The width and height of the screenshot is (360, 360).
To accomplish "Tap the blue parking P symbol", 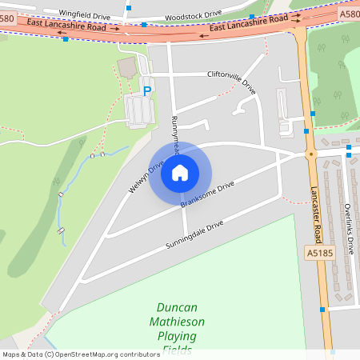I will [x=146, y=91].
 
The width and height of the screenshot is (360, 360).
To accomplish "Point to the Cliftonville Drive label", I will [x=231, y=80].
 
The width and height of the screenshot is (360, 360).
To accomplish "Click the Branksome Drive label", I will [x=207, y=194].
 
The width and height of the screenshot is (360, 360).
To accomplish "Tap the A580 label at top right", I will [x=349, y=14].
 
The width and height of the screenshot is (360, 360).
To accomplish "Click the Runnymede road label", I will [x=175, y=128].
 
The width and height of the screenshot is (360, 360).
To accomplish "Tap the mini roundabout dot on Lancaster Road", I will [x=310, y=154].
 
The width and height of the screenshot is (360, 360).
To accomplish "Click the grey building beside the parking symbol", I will [x=137, y=110].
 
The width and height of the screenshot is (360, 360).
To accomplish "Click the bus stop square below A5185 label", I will [x=322, y=310].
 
